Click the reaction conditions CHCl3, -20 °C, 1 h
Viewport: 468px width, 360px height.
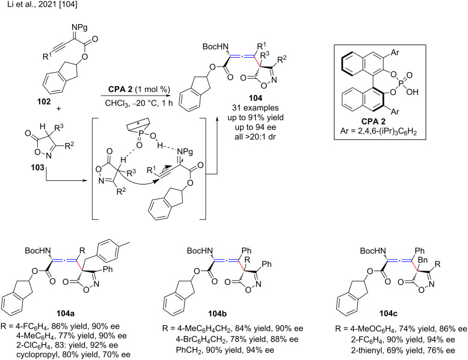click(x=131, y=102)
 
